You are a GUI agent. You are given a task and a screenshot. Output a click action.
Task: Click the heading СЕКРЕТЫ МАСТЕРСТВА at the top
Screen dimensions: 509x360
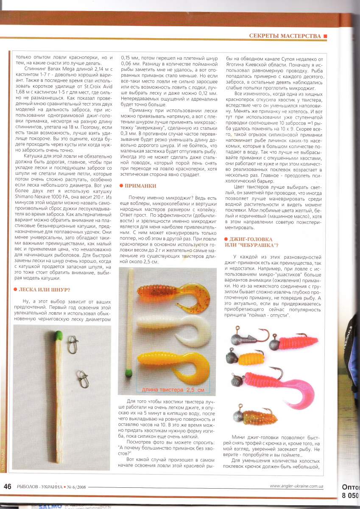(x=285, y=36)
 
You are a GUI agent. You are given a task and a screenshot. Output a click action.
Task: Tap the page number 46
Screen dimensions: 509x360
(x=8, y=486)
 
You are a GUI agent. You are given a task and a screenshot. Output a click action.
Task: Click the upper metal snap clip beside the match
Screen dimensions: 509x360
(x=73, y=339)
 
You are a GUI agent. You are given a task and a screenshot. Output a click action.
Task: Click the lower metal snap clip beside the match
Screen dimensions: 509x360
(x=82, y=376)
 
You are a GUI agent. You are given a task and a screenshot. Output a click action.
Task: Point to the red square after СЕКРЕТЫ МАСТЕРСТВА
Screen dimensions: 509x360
(x=325, y=36)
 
